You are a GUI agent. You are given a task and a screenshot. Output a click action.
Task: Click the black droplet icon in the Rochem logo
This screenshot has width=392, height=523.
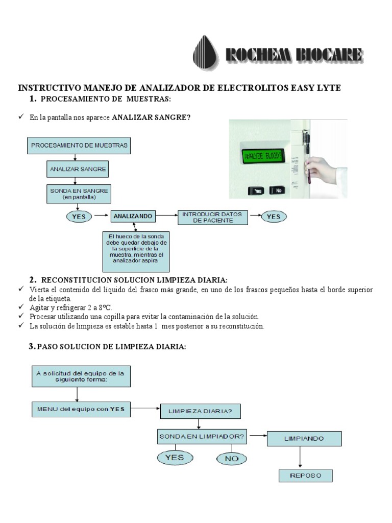tap(206, 53)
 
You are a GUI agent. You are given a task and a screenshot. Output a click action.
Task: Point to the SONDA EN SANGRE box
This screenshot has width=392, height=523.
tap(78, 193)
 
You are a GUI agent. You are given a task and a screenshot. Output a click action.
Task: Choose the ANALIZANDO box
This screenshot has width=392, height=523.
tap(133, 217)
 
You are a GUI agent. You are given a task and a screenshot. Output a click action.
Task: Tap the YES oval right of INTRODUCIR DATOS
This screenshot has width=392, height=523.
tap(274, 217)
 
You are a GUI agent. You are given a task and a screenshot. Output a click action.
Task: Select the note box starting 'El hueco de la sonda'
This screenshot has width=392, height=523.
tap(136, 250)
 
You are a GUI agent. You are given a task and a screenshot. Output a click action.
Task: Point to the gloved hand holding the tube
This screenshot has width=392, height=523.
tap(322, 171)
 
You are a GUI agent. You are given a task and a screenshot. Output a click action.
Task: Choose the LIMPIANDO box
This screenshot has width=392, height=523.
tap(304, 438)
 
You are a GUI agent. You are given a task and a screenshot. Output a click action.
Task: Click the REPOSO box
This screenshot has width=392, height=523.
tap(305, 476)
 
